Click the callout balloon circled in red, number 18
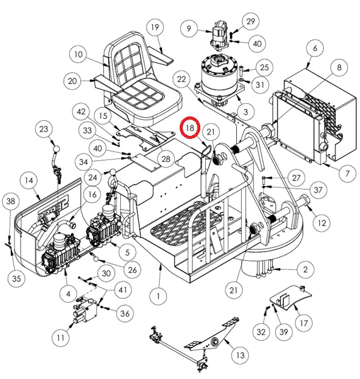click(x=190, y=128)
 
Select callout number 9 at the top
click(x=189, y=29)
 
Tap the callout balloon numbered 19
click(x=155, y=27)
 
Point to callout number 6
click(x=315, y=48)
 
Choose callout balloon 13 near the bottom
click(x=240, y=355)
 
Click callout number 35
click(x=16, y=278)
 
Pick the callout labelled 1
click(x=158, y=296)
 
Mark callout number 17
click(x=304, y=323)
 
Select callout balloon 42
click(x=81, y=112)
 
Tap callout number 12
click(x=322, y=223)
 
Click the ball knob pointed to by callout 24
click(x=114, y=173)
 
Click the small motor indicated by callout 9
click(x=220, y=35)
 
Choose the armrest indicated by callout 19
click(x=160, y=56)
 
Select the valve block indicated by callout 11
click(x=85, y=311)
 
